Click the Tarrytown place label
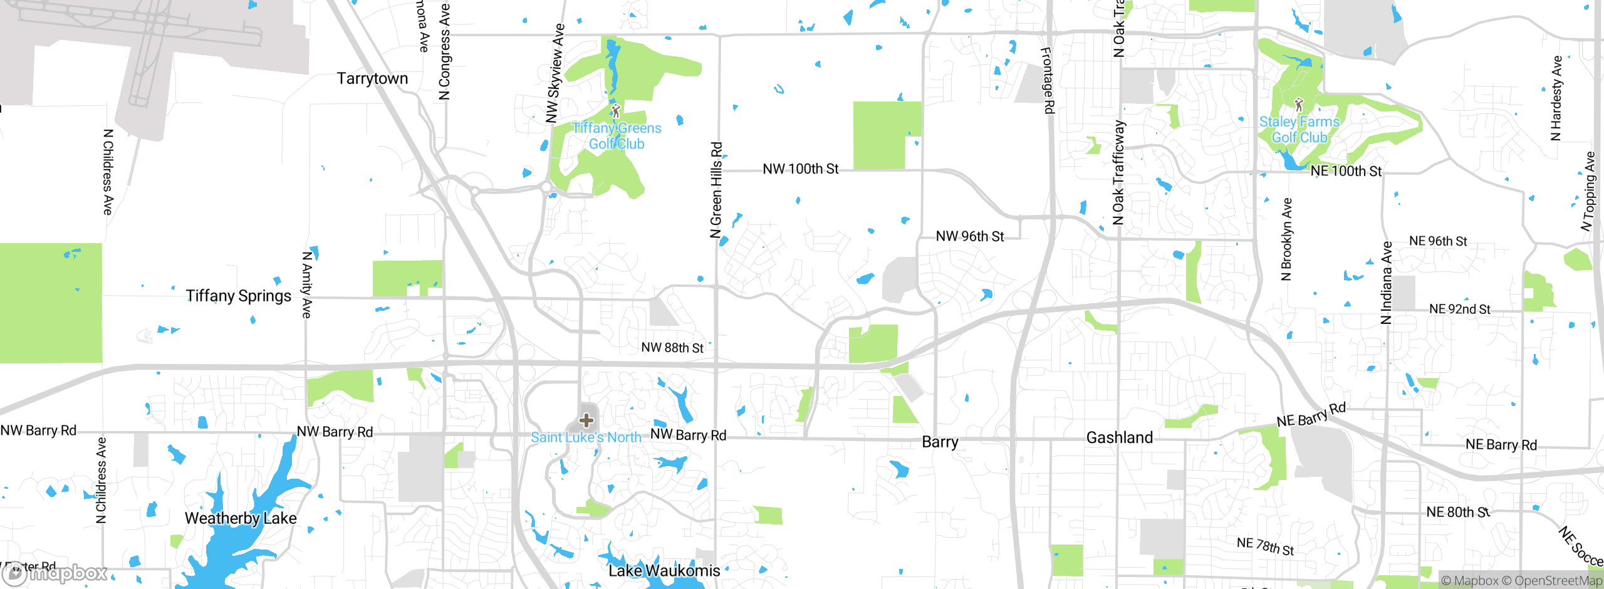[372, 78]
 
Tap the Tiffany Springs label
[238, 296]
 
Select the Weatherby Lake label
[241, 518]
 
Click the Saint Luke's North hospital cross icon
[586, 420]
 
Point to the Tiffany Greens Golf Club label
[617, 136]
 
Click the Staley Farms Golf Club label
[1299, 130]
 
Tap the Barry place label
[940, 442]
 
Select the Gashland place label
[1119, 437]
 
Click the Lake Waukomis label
[664, 571]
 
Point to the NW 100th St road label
[800, 169]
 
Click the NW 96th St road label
[969, 236]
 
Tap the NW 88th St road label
[672, 348]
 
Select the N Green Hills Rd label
[716, 190]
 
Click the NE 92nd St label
[1459, 309]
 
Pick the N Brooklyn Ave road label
[1286, 239]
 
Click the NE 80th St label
[1457, 512]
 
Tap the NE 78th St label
[1265, 546]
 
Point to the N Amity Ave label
[306, 285]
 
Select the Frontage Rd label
[1047, 80]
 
